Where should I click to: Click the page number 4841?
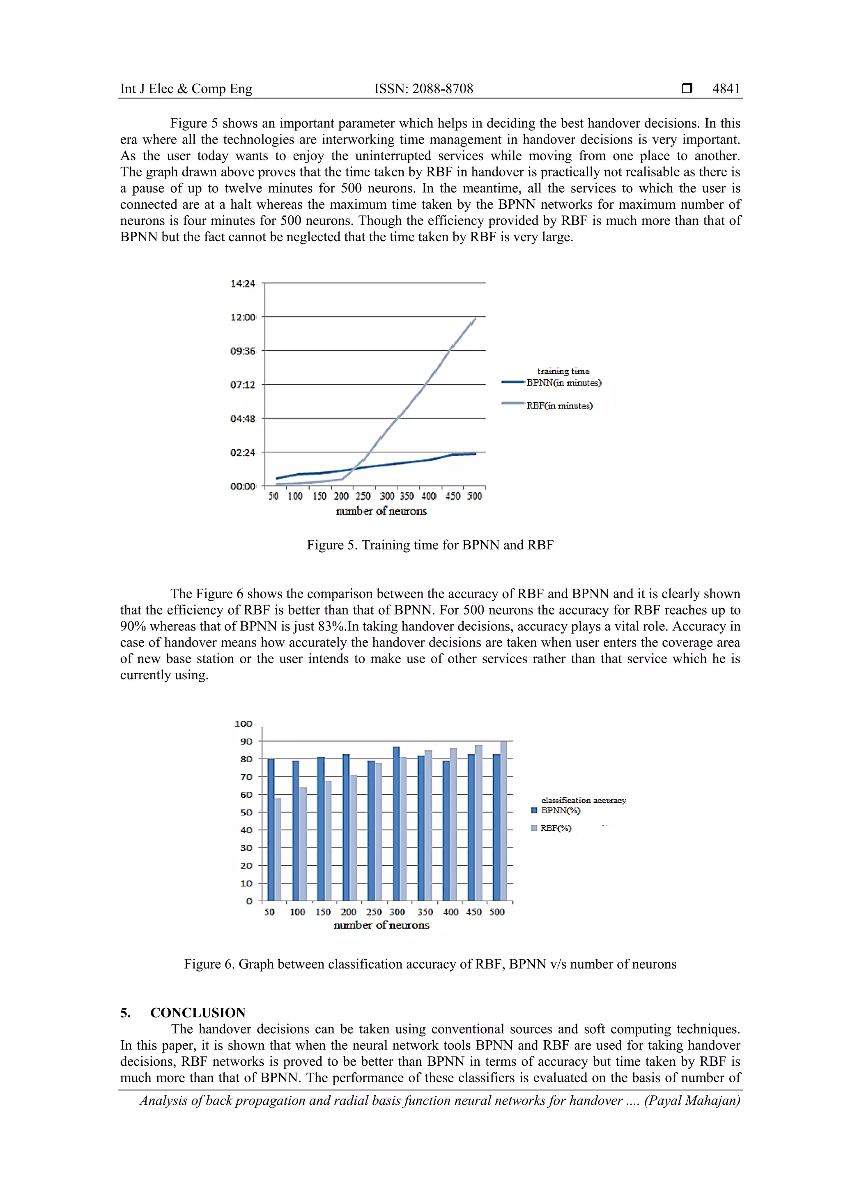(x=726, y=89)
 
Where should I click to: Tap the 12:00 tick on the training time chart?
(x=243, y=317)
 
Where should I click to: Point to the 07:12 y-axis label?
(x=243, y=385)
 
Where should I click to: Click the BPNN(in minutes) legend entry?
(x=563, y=383)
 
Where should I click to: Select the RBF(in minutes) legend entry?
(x=559, y=406)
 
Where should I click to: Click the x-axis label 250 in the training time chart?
(x=363, y=496)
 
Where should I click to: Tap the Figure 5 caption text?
(x=430, y=545)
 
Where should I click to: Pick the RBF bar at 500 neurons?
(x=503, y=821)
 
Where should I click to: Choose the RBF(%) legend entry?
(x=555, y=828)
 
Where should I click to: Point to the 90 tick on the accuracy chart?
(x=246, y=741)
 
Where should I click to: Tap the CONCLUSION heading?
(x=198, y=1012)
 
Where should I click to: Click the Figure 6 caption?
(x=430, y=964)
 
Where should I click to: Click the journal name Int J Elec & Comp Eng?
(x=186, y=89)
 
